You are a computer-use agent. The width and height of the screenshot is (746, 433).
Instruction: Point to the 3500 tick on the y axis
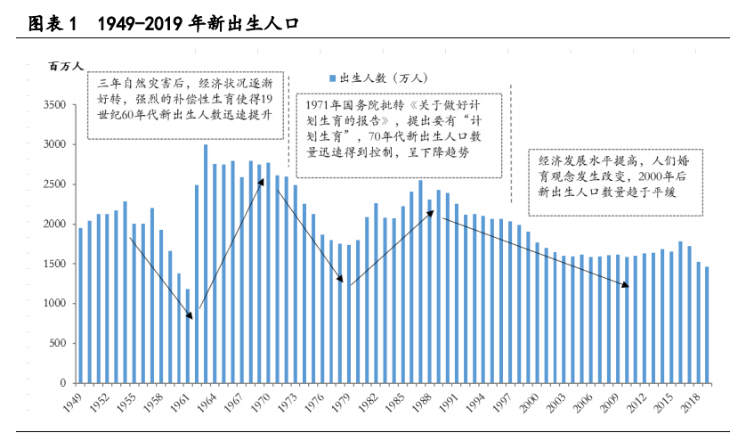pyautogui.click(x=54, y=104)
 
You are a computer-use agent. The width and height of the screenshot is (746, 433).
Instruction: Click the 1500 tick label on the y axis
pyautogui.click(x=54, y=264)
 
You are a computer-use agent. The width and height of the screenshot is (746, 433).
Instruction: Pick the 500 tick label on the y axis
pyautogui.click(x=57, y=343)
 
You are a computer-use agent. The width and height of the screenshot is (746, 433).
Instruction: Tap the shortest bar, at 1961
pyautogui.click(x=188, y=335)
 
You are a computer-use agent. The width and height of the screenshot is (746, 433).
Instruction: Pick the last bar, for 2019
pyautogui.click(x=707, y=324)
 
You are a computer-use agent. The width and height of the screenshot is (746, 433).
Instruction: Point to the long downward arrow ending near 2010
pyautogui.click(x=534, y=251)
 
